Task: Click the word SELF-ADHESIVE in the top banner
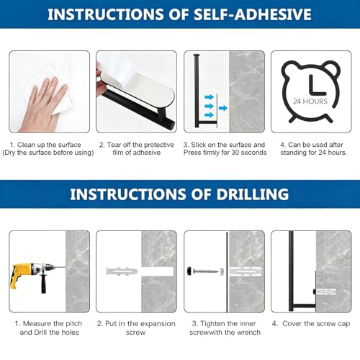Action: pos(253,14)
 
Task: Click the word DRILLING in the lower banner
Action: pos(253,194)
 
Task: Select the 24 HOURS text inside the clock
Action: pos(310,102)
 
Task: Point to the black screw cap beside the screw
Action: pos(190,271)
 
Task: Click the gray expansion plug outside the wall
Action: pos(122,271)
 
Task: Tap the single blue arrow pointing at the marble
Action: pos(223,108)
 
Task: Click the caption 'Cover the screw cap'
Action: pos(316,323)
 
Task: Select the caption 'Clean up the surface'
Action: pos(49,145)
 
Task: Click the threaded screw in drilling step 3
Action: pos(206,271)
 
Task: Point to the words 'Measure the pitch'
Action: pos(53,323)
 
